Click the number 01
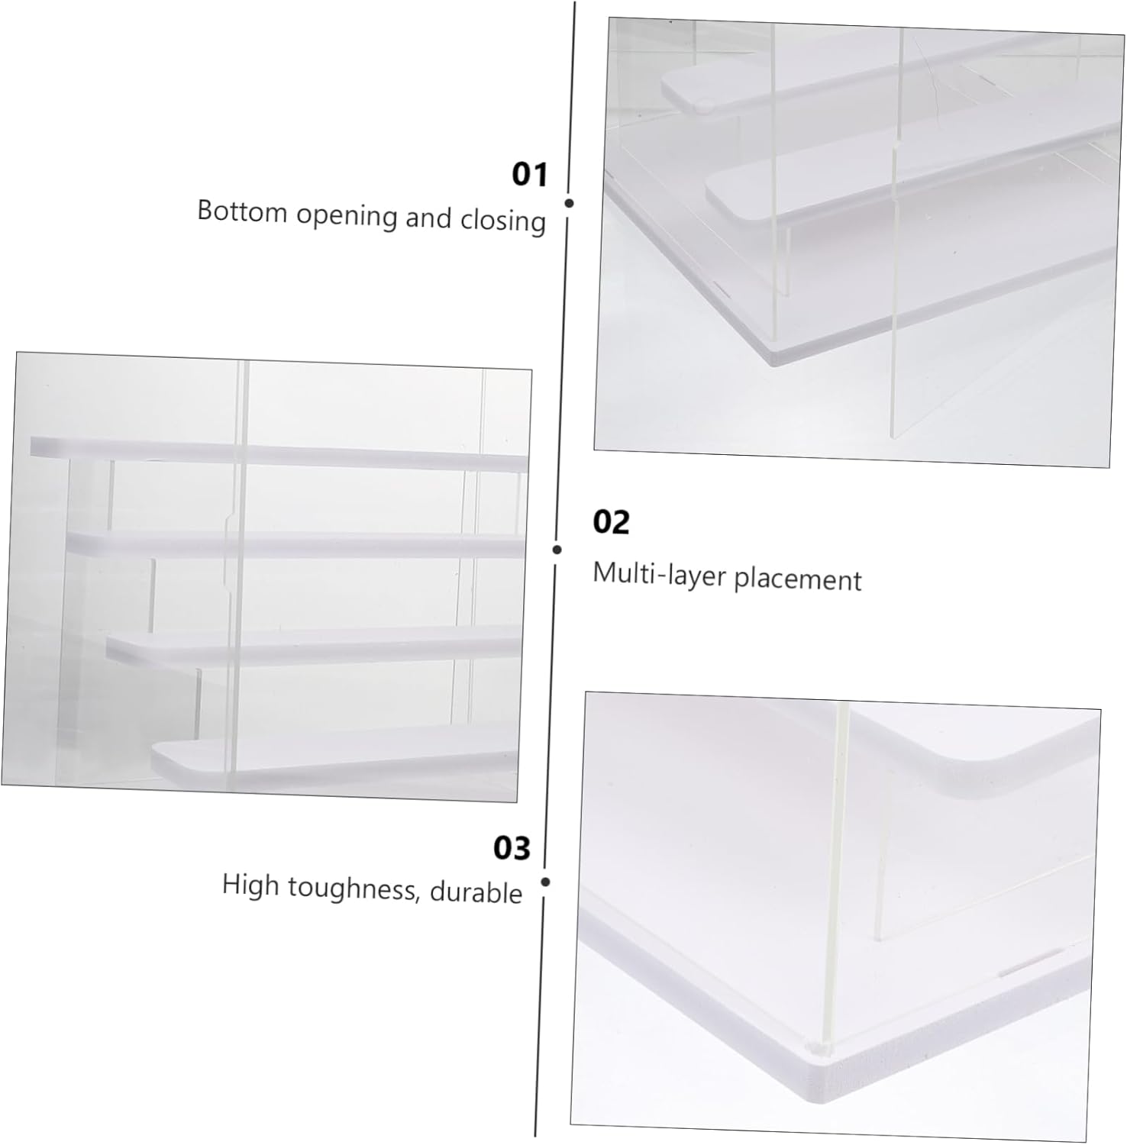tap(529, 174)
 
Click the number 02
tap(611, 522)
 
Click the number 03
tap(511, 848)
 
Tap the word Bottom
tap(242, 211)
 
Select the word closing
tap(502, 221)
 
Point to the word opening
tap(347, 215)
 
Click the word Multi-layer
tap(659, 573)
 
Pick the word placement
tap(797, 579)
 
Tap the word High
tap(250, 885)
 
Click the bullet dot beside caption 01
tap(569, 203)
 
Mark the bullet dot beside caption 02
tap(557, 550)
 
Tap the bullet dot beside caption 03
tap(545, 882)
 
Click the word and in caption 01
tap(428, 218)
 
